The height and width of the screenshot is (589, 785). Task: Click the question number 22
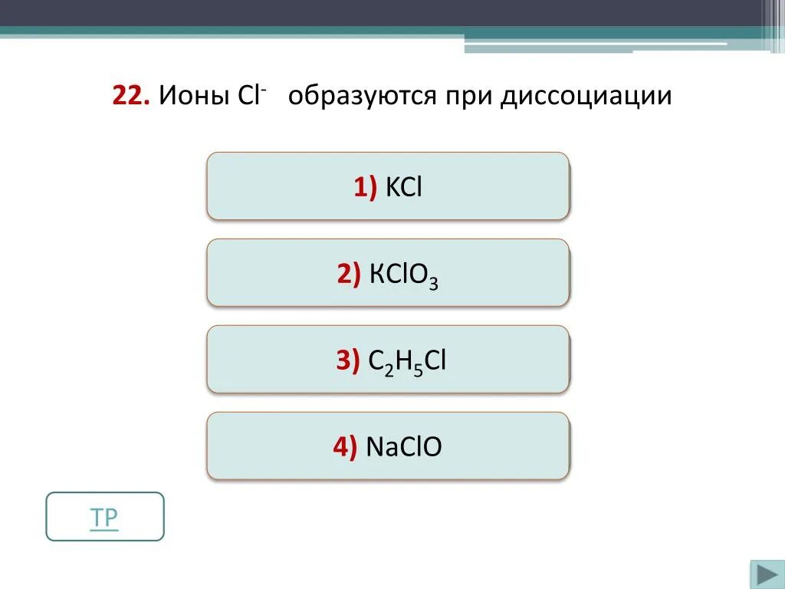click(x=130, y=97)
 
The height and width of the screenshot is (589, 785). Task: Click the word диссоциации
click(x=586, y=97)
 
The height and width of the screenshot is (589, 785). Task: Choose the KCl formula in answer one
click(x=404, y=186)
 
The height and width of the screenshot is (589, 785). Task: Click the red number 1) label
click(x=365, y=186)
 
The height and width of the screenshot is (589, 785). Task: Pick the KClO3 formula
click(x=403, y=274)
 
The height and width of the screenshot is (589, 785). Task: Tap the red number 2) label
click(x=349, y=273)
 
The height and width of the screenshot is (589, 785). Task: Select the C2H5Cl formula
click(x=406, y=360)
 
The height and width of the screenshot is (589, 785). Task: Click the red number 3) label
click(x=348, y=360)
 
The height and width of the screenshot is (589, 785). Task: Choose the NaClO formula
click(x=404, y=446)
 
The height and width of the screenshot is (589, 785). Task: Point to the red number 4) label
click(x=345, y=446)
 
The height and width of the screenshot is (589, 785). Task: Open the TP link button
click(x=105, y=517)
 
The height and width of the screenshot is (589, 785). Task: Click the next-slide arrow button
click(x=766, y=574)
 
